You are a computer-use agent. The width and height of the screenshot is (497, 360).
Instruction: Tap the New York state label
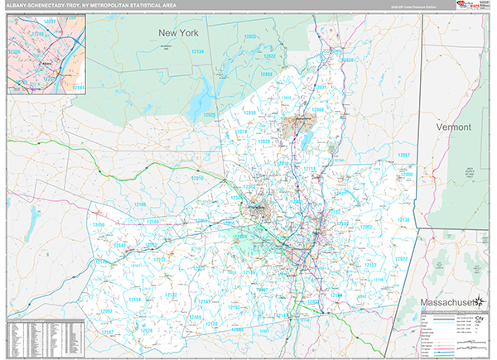point(180,32)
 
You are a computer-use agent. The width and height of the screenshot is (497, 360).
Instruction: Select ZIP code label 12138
point(405,219)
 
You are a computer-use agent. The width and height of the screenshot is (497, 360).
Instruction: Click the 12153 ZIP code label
point(369,266)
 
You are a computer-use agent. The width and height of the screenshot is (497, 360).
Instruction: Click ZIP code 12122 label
point(171,295)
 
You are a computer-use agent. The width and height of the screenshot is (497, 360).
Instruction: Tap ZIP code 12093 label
point(106,311)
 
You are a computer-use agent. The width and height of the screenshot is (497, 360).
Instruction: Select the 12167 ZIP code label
point(108,332)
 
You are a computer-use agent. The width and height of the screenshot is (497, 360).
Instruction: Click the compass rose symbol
point(479,315)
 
